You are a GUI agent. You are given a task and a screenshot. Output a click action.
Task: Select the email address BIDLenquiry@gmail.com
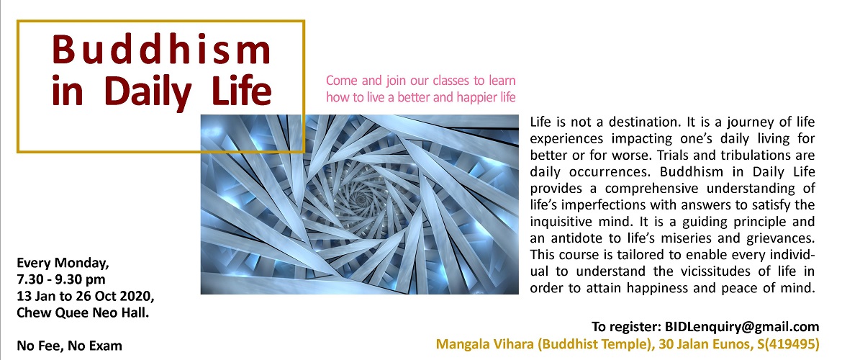(742, 327)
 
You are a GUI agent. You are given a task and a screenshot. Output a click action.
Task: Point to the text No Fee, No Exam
(69, 346)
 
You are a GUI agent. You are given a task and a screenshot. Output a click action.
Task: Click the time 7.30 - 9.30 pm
(61, 280)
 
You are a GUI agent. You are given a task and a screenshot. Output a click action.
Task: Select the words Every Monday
(63, 264)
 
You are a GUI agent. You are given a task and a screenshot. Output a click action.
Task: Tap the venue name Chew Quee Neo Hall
(83, 312)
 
